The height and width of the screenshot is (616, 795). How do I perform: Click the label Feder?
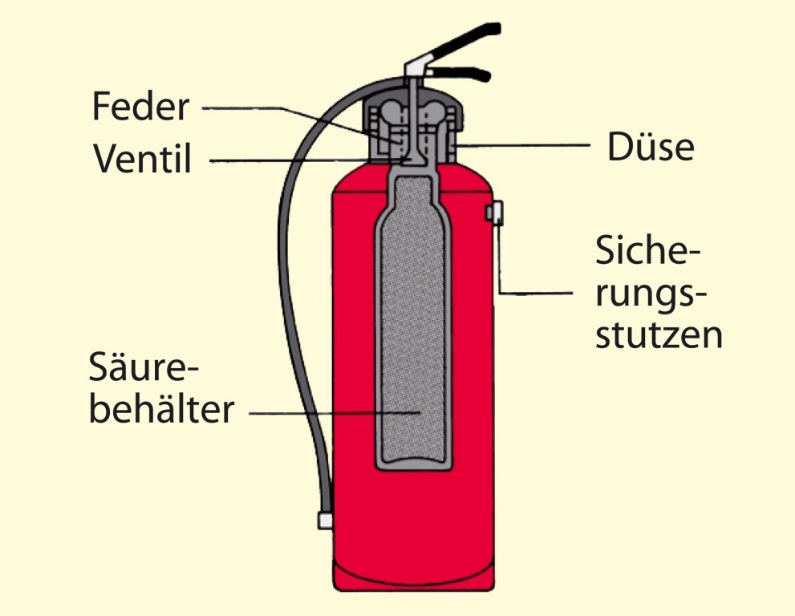pyautogui.click(x=140, y=106)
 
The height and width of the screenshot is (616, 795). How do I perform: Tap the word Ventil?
pyautogui.click(x=143, y=159)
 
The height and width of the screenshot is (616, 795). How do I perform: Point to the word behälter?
pyautogui.click(x=161, y=410)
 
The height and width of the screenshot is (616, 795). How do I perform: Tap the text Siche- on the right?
pyautogui.click(x=647, y=253)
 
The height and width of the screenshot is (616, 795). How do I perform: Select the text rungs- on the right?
pyautogui.click(x=651, y=294)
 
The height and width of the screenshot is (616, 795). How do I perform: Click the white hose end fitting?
pyautogui.click(x=325, y=521)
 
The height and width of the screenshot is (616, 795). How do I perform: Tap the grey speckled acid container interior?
pyautogui.click(x=412, y=321)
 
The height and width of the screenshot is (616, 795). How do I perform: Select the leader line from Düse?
pyautogui.click(x=529, y=146)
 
